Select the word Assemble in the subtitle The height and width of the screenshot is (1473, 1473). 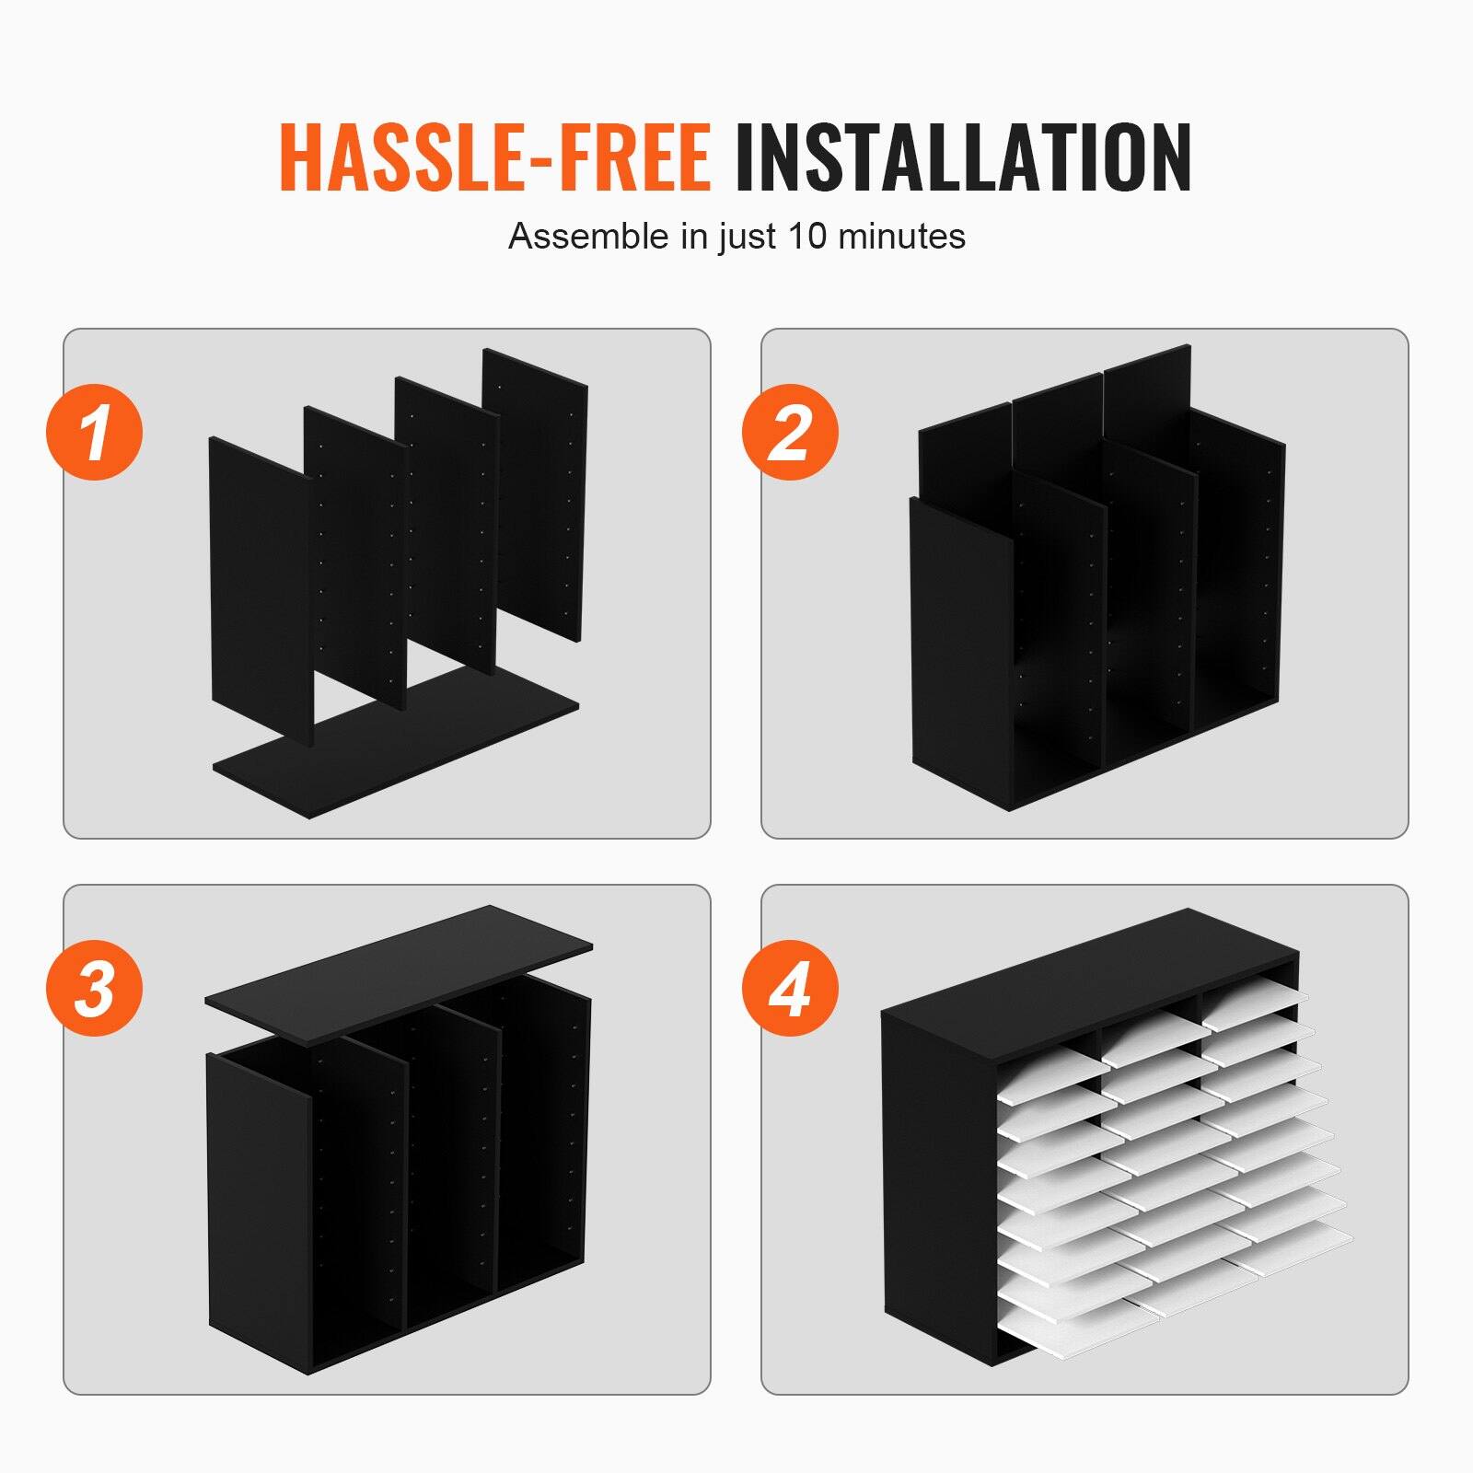588,237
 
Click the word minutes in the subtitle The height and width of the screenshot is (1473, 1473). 901,237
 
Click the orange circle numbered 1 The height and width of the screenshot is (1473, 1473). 95,432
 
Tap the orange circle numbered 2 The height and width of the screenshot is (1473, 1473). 790,432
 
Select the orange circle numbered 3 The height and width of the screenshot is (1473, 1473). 95,988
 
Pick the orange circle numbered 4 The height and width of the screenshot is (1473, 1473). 790,988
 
